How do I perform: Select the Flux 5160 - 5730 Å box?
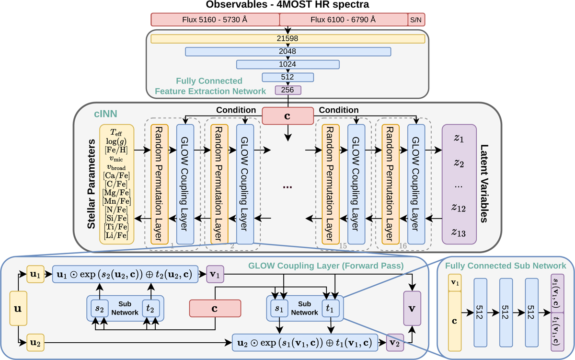[215, 20]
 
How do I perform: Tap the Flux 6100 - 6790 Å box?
[343, 20]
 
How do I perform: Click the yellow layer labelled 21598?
[288, 38]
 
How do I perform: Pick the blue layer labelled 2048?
[288, 51]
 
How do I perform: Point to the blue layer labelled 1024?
[288, 64]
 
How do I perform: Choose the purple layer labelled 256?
[287, 90]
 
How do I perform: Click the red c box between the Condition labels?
[287, 116]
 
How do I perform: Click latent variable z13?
[459, 232]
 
